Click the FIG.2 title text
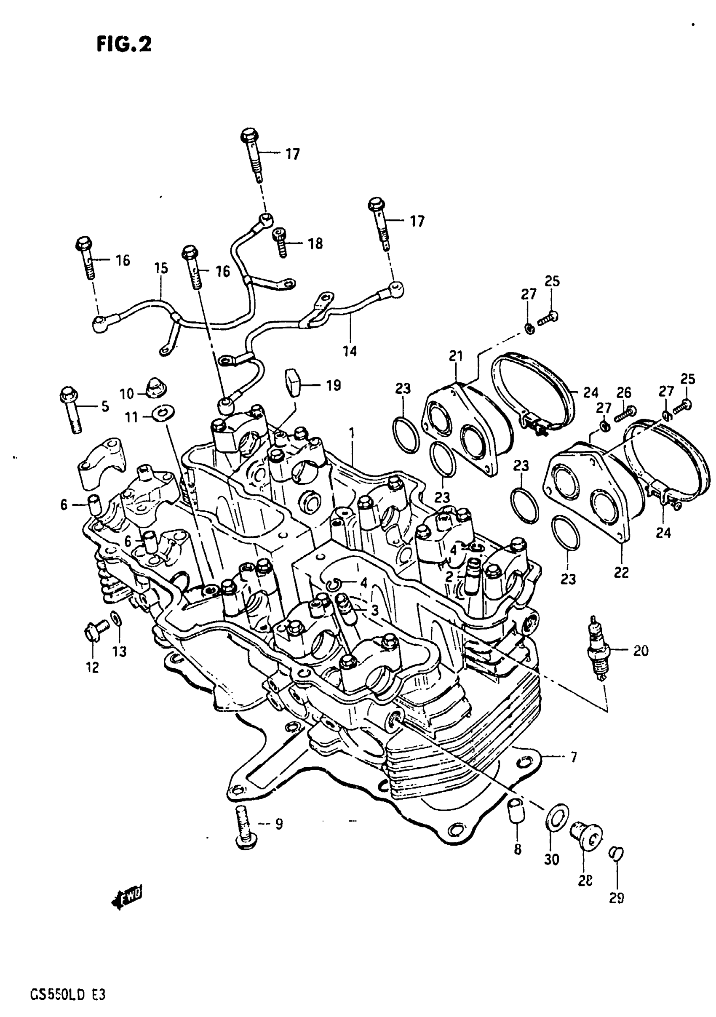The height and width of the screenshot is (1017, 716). [x=124, y=44]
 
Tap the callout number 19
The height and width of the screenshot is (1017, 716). [x=333, y=385]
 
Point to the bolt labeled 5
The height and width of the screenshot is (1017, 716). [x=71, y=410]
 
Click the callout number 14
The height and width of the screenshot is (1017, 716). [x=350, y=351]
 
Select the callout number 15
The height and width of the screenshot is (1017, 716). [x=161, y=268]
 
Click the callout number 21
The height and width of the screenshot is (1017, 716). [x=456, y=356]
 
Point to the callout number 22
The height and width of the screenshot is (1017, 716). [x=621, y=573]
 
